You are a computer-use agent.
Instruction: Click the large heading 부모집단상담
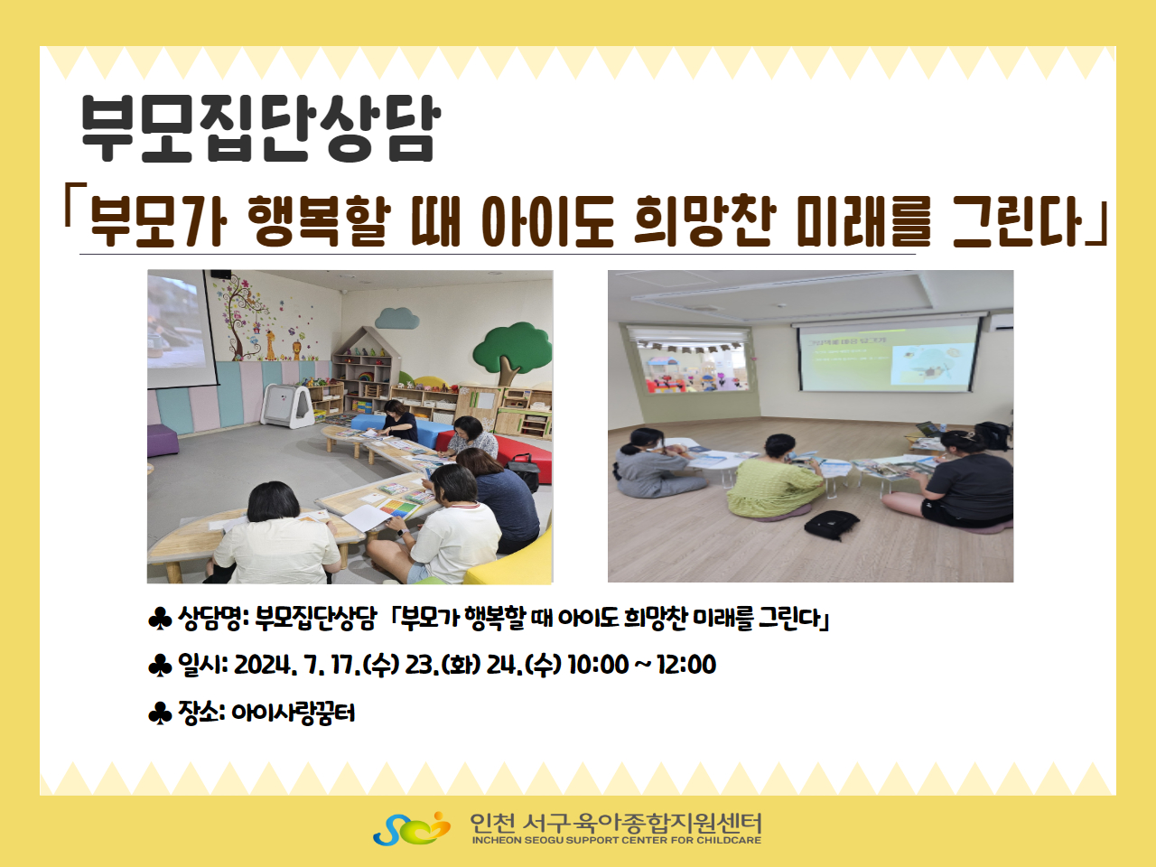click(x=261, y=128)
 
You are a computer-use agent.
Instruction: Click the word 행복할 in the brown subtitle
click(x=320, y=220)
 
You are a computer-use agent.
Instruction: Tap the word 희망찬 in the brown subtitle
click(x=705, y=220)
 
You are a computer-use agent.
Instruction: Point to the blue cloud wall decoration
click(x=397, y=318)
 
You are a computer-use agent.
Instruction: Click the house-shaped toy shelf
click(x=363, y=368)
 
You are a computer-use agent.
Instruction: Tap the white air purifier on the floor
click(x=287, y=406)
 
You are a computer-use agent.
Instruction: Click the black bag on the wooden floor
click(x=831, y=524)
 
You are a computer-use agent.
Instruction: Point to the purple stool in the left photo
click(x=163, y=440)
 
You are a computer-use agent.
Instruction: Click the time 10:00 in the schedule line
click(x=598, y=665)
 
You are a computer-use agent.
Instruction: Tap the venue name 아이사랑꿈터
click(x=294, y=713)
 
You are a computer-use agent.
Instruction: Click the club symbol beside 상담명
click(x=160, y=619)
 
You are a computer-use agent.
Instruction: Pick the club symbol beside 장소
click(x=160, y=713)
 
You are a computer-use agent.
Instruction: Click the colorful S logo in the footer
click(x=412, y=828)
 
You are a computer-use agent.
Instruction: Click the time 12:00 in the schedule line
click(x=686, y=665)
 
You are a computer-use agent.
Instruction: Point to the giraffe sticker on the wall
click(x=270, y=345)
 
